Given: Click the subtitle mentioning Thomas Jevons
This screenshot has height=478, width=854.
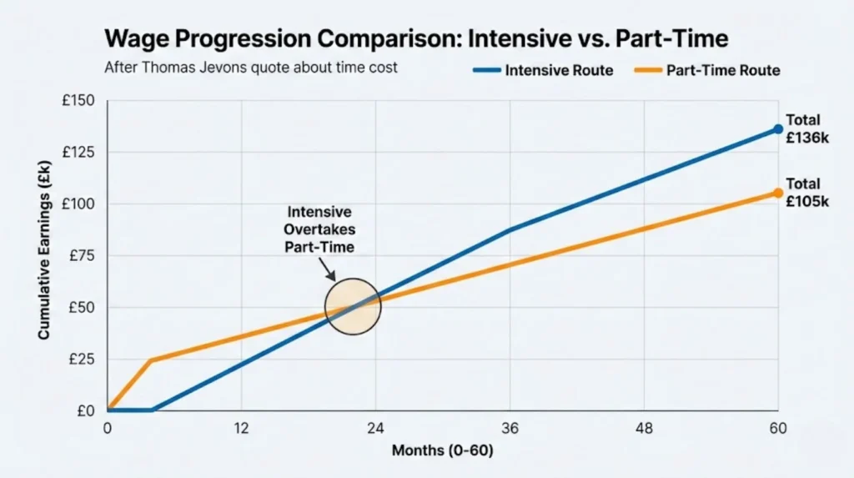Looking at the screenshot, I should (251, 68).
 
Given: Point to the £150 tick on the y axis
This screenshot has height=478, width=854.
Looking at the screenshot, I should (79, 102).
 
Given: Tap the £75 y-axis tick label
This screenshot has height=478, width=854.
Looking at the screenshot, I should (83, 256).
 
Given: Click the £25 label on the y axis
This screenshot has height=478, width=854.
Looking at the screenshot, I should (83, 360).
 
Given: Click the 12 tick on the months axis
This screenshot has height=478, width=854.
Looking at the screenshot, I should (241, 428).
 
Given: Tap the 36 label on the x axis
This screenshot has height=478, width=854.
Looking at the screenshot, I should (510, 428).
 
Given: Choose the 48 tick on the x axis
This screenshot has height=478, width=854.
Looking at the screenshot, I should (644, 428).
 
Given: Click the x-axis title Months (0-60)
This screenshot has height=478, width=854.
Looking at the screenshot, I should (442, 451).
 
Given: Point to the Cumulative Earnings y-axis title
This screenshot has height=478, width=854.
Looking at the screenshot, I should (43, 256).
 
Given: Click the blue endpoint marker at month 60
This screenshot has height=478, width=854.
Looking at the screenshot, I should (777, 128).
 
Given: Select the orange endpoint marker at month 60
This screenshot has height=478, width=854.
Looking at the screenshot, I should (777, 193).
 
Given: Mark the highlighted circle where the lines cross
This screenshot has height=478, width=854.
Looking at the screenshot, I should (353, 306).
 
